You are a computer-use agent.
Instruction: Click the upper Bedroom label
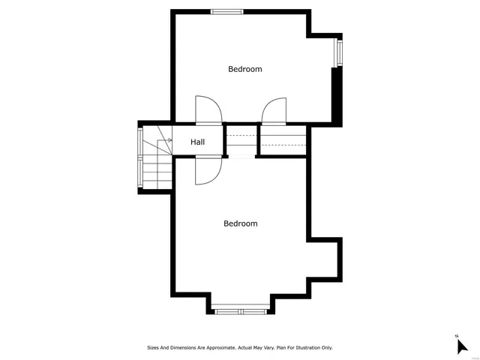point(245,69)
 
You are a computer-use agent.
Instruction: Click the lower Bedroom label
point(241,223)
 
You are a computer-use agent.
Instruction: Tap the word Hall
point(197,142)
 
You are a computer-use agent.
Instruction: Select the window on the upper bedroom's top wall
point(226,11)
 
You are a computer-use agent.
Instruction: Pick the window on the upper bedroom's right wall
point(338,52)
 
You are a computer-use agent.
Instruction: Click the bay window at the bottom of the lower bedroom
point(240,309)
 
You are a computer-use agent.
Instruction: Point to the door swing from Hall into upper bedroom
point(207,110)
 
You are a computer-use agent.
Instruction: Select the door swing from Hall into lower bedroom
point(207,170)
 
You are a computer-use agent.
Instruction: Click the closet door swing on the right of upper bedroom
point(274,110)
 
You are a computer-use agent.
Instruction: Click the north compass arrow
point(462,346)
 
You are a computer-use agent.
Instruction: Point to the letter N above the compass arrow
point(456,335)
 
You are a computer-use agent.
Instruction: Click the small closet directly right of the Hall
point(241,140)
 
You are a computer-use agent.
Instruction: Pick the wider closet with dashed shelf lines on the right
point(283,140)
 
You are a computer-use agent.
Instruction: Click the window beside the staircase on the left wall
point(139,157)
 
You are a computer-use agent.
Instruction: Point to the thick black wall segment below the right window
point(337,94)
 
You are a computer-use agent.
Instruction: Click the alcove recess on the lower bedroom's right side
point(325,259)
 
